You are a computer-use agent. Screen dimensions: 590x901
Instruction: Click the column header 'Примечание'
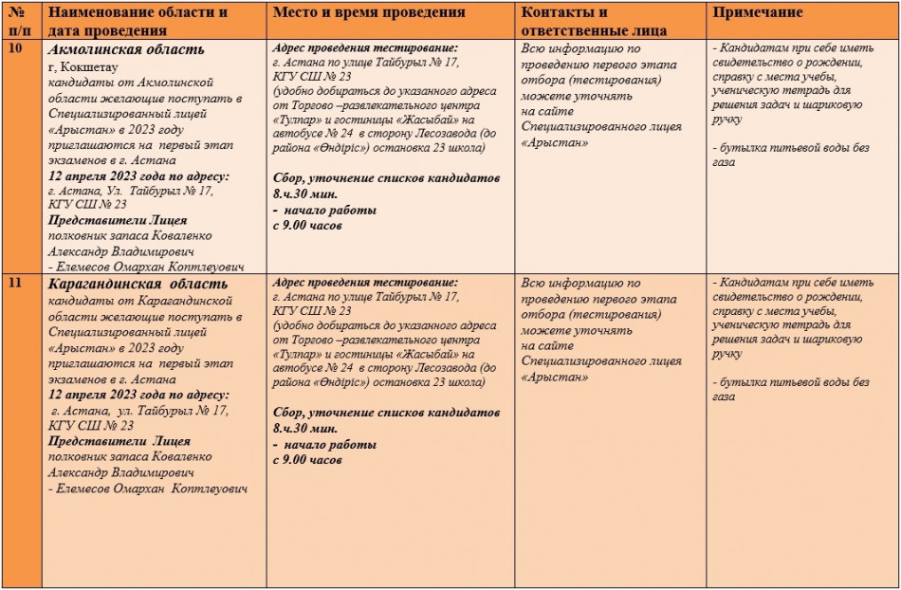[758, 13]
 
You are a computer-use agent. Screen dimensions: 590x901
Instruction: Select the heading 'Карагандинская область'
[138, 284]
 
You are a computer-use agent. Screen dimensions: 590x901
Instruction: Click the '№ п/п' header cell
[19, 21]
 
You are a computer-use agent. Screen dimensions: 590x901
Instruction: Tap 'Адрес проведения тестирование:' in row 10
[364, 48]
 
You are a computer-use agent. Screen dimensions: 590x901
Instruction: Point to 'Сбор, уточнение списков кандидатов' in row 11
[386, 413]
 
